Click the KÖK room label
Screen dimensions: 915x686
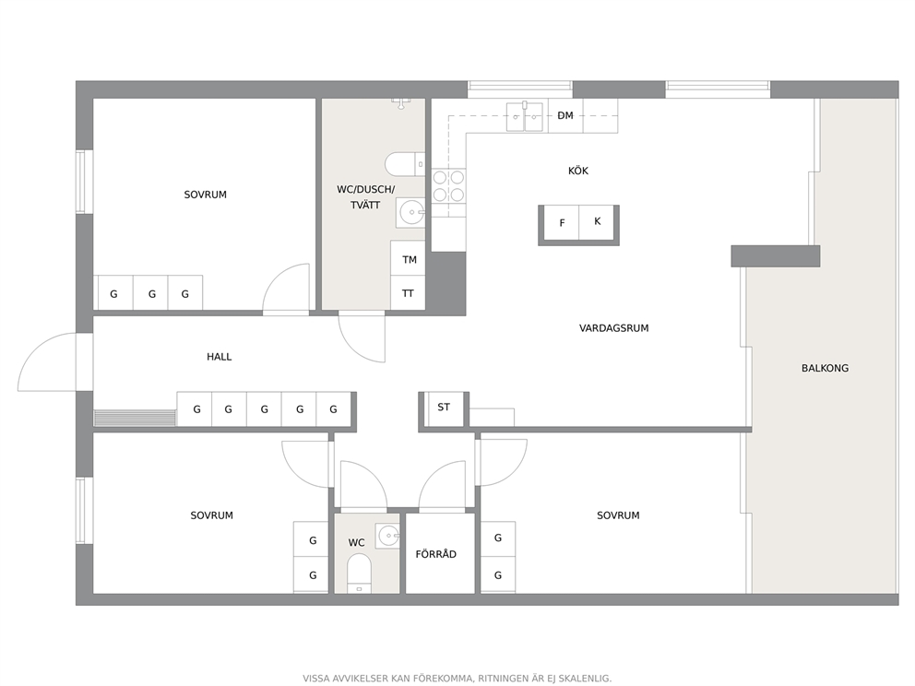[578, 171]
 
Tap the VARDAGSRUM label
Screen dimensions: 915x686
[614, 328]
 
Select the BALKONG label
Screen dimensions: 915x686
[825, 368]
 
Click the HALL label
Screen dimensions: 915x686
[219, 357]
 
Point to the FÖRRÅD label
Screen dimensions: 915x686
[436, 553]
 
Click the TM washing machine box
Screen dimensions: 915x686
[408, 258]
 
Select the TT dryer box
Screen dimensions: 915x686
[408, 293]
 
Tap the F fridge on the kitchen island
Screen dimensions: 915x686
[561, 222]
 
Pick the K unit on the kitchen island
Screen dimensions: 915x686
[597, 222]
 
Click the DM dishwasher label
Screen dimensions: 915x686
[565, 115]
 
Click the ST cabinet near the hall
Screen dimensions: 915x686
[444, 408]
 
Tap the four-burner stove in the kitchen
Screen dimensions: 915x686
[449, 186]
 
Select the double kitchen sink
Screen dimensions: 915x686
[525, 116]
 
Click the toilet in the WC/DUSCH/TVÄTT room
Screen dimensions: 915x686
[405, 164]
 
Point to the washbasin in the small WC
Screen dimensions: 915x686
[387, 535]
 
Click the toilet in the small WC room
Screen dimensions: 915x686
[359, 573]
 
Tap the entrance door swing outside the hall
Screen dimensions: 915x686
[47, 361]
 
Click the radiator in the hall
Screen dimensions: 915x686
[135, 418]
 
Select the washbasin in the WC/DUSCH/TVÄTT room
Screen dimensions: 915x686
[410, 212]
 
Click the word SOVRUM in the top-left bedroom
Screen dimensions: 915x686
[206, 195]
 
